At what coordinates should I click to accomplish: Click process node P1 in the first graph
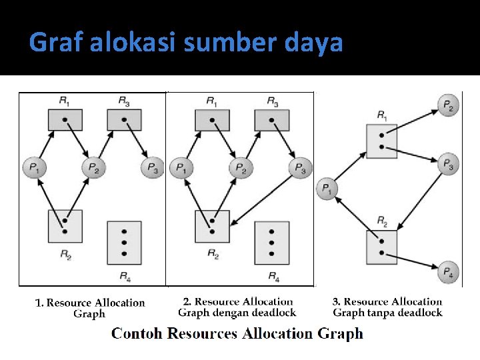33,167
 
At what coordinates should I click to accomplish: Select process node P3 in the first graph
152,167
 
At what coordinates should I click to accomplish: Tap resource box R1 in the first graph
65,120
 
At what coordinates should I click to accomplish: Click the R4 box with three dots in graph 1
124,243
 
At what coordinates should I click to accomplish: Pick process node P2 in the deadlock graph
241,167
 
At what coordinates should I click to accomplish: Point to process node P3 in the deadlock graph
300,167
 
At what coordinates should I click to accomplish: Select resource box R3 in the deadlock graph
272,120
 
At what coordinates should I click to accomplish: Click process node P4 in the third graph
449,271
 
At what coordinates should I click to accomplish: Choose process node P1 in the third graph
327,189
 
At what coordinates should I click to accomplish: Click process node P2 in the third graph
448,105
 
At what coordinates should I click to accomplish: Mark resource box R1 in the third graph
382,141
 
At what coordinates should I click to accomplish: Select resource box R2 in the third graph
381,247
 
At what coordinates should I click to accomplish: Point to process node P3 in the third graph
449,163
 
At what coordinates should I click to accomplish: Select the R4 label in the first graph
125,275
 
